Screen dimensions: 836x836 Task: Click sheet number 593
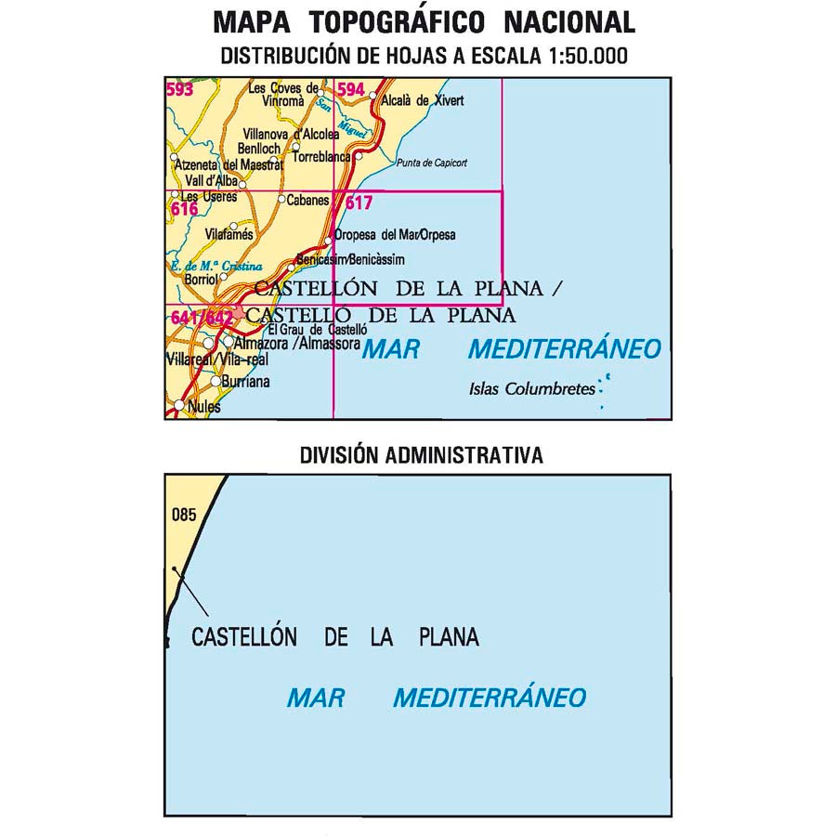point(179,90)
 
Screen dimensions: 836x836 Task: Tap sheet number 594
point(350,90)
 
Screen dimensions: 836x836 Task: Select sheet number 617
point(358,202)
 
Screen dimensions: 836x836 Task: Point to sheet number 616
point(184,210)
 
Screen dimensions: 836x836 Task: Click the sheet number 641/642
point(202,319)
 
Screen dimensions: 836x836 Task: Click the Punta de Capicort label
point(431,163)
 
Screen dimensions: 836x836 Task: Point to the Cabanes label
point(307,200)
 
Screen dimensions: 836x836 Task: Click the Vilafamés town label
point(229,235)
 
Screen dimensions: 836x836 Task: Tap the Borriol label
point(201,278)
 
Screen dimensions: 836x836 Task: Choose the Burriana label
point(245,382)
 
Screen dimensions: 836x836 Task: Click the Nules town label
point(203,407)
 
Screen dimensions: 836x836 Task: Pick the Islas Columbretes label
point(531,389)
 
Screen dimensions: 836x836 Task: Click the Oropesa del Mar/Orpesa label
point(395,235)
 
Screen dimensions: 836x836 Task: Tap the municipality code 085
point(184,515)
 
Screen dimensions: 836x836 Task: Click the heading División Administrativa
point(421,455)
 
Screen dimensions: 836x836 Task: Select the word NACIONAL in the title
point(568,22)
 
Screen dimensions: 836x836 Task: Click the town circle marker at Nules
point(178,405)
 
